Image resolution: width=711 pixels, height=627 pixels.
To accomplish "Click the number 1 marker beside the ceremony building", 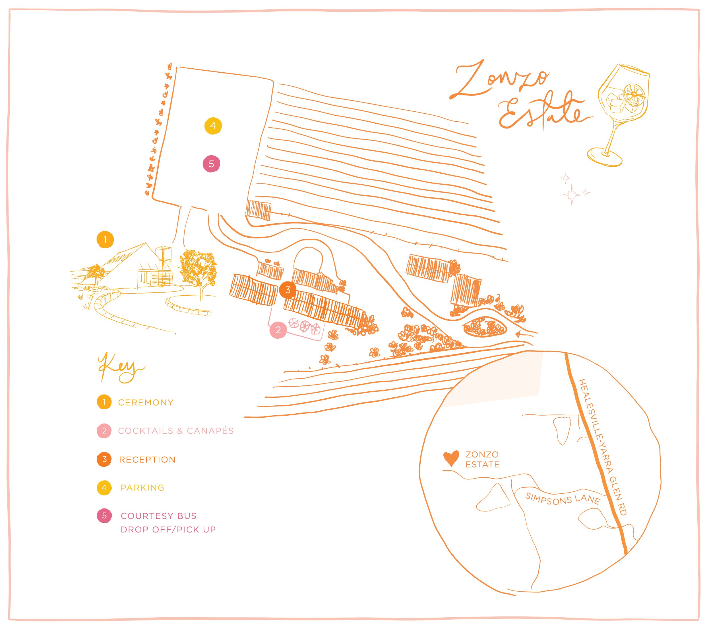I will [x=105, y=240].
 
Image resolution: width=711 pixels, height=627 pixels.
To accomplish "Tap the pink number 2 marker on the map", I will [x=278, y=330].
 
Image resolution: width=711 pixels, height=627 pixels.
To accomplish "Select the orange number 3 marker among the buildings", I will [x=288, y=290].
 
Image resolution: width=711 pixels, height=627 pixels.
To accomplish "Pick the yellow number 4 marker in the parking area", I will [x=213, y=126].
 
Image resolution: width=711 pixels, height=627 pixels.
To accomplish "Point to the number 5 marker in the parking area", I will [x=211, y=164].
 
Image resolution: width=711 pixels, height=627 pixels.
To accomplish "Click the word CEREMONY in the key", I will [x=145, y=403].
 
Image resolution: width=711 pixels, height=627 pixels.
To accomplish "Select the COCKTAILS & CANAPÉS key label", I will [x=176, y=431].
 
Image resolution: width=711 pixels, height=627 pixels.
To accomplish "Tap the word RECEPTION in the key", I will [x=147, y=460].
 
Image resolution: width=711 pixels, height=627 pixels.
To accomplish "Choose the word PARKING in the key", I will [x=142, y=488].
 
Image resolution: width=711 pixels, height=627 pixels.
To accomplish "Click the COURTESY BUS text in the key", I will [x=159, y=516].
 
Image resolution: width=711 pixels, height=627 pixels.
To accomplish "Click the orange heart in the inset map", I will [x=451, y=458].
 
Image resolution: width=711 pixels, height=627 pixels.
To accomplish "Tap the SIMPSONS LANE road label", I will [x=563, y=499].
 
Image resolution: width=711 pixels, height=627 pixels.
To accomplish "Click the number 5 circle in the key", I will [x=104, y=516].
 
